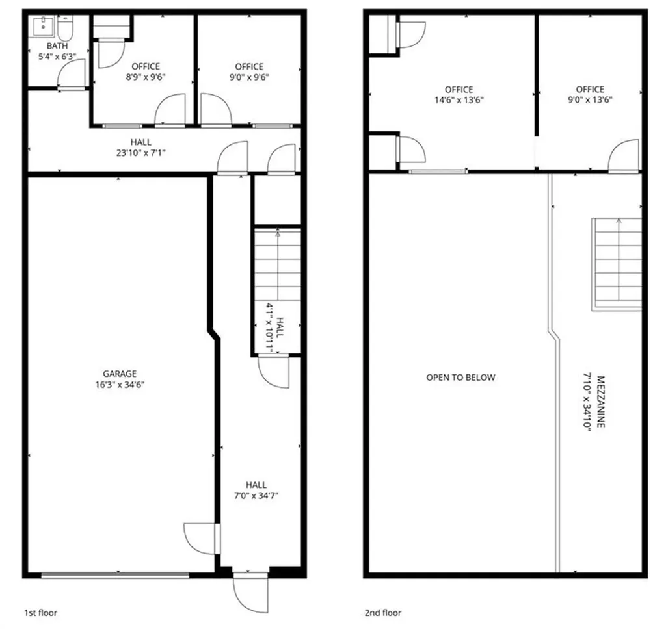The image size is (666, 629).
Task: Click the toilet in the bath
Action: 66,27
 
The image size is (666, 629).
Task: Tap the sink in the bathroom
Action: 43,26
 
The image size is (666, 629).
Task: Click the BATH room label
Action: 57,46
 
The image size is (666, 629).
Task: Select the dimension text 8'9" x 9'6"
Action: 146,77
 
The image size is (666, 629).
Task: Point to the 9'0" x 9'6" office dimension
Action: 249,77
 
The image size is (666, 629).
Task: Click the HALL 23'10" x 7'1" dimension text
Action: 141,153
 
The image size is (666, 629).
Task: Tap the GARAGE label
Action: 120,374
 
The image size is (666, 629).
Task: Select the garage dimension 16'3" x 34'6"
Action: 120,385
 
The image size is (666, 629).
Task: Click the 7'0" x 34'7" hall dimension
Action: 256,496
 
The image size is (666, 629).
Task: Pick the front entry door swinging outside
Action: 250,593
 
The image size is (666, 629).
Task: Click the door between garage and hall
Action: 202,539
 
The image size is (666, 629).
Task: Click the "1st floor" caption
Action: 40,613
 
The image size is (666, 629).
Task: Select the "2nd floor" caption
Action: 382,613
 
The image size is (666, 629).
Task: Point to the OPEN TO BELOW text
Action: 461,378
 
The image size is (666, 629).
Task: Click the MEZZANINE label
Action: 600,401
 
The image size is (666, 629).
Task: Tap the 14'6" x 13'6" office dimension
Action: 459,100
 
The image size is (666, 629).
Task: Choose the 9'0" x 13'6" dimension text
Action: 590,100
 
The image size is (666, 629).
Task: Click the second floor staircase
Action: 617,264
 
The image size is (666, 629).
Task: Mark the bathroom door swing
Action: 72,74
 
